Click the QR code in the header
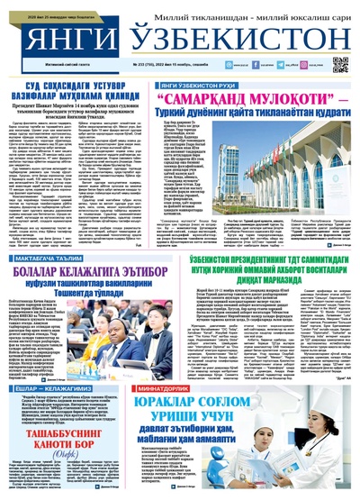point(341,65)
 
